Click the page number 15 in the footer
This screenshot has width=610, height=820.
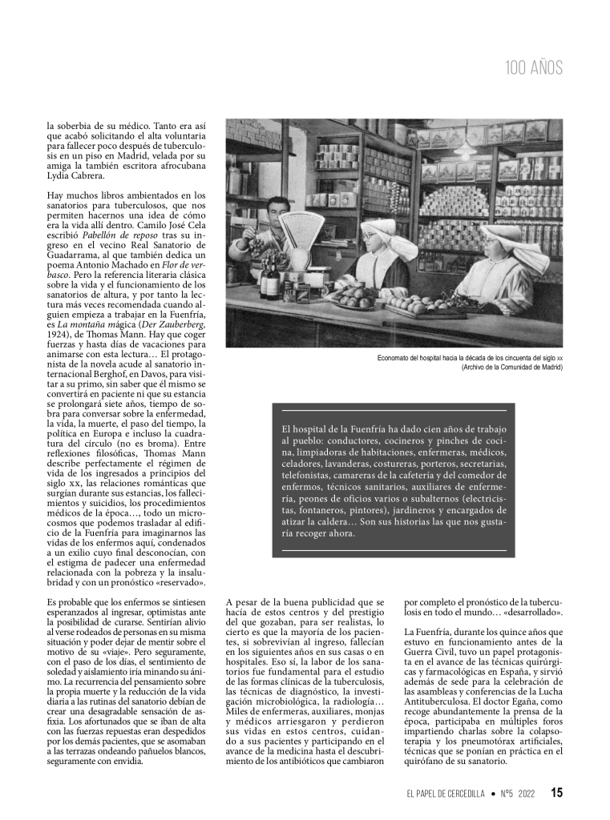point(556,793)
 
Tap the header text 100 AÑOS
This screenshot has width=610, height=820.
point(534,68)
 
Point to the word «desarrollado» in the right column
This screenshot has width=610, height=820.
point(529,613)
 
